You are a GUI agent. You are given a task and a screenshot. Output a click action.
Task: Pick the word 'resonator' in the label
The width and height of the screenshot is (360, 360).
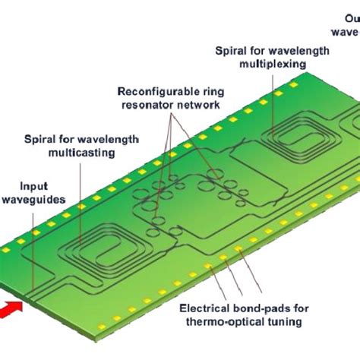(147, 104)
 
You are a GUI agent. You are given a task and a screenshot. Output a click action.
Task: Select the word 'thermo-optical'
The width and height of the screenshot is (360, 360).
(230, 323)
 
